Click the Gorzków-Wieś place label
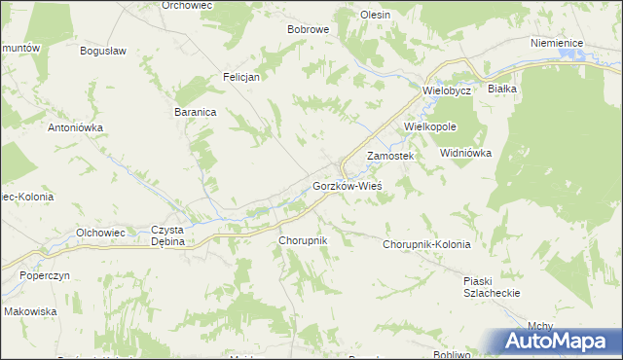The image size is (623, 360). pos(346,185)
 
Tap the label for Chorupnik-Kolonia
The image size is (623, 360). pos(426,244)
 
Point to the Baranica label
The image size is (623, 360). pos(195,112)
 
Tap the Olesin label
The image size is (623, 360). pos(375,15)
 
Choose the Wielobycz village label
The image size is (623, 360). pos(447,90)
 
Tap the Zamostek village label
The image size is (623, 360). pos(390,156)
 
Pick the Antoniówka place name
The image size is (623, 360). pos(76,127)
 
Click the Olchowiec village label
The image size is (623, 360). pos(100,233)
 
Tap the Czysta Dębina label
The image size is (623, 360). pos(167,235)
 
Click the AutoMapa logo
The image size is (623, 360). pos(558,342)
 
